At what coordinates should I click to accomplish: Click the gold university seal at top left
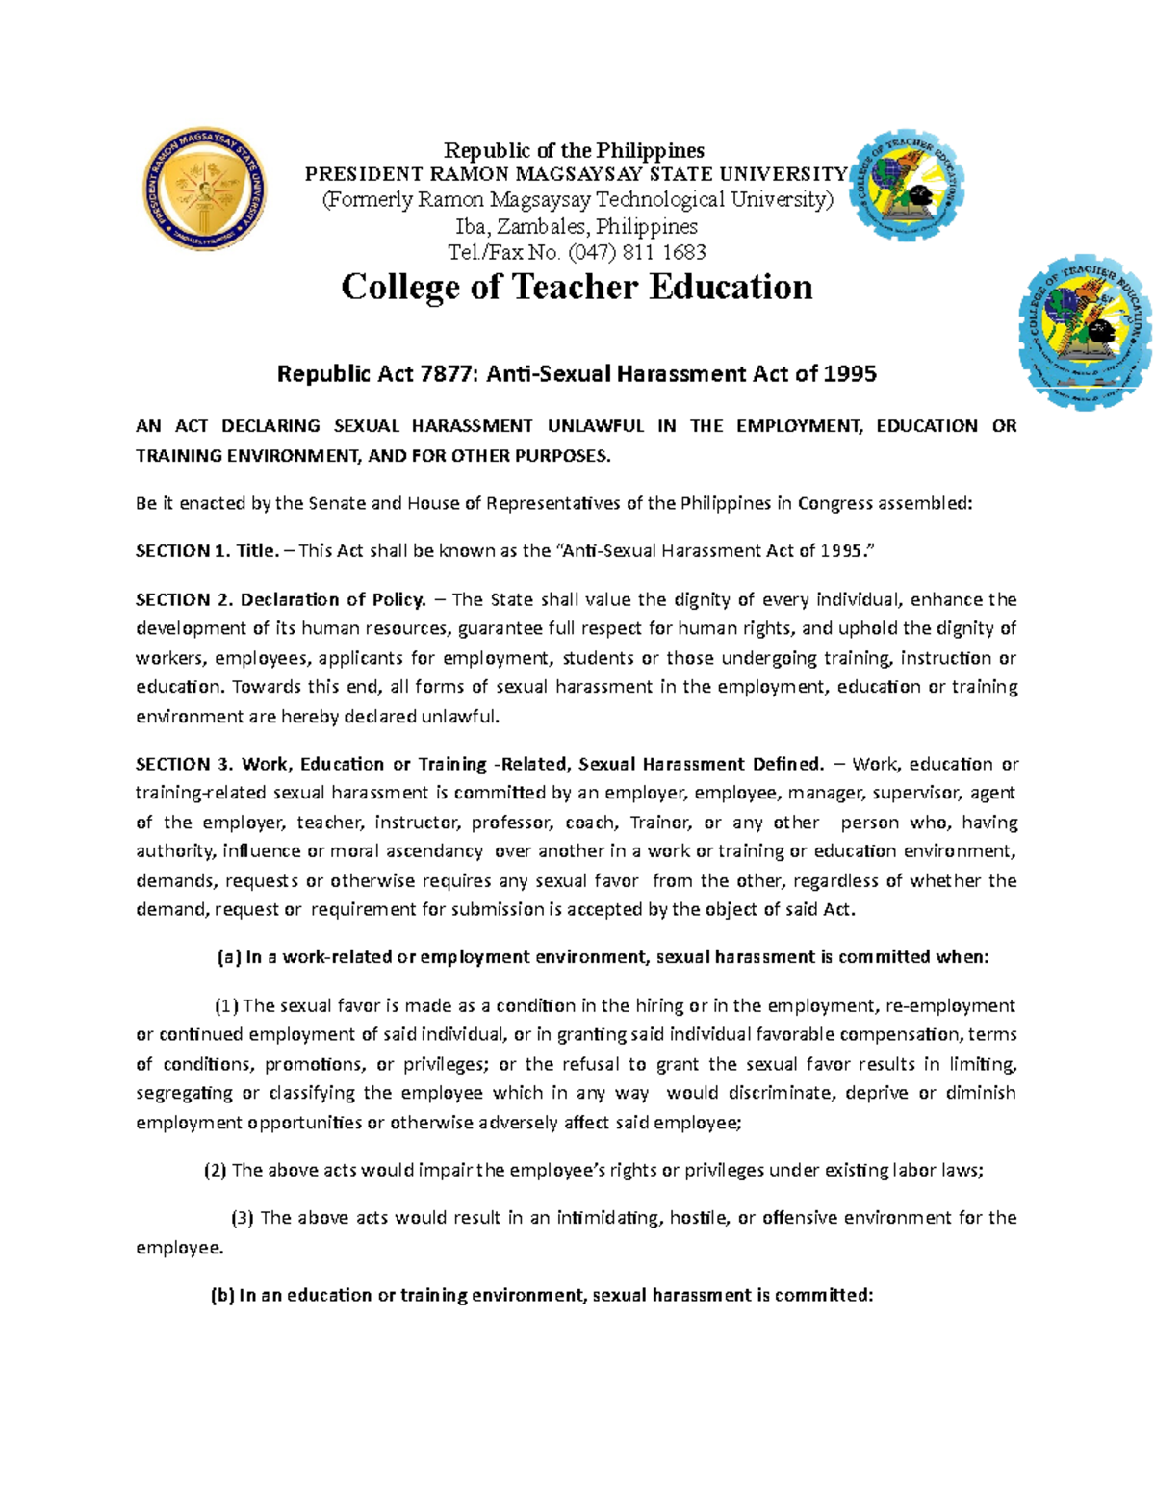coord(204,190)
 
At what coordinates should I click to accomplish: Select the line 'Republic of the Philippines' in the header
coord(574,150)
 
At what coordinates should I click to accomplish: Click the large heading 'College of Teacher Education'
coord(577,287)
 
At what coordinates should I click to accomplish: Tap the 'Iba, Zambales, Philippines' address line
coord(577,226)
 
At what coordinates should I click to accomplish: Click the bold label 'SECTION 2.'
coord(184,599)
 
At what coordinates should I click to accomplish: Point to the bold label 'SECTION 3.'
coord(184,764)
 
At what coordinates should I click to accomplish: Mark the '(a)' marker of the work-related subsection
coord(228,957)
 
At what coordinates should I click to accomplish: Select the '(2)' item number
coord(215,1170)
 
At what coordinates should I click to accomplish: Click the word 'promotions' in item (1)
coord(314,1064)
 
